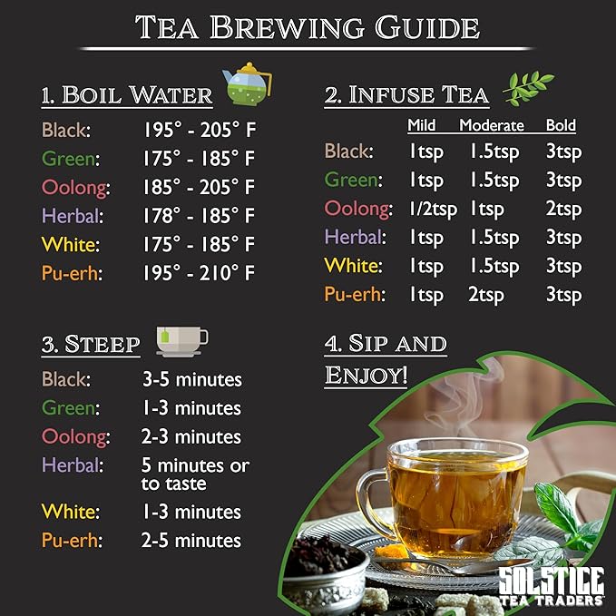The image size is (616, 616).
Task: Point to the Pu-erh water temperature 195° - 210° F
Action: coord(199,273)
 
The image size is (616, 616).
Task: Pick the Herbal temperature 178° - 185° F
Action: coord(199,217)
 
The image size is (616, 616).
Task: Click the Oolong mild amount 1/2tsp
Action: coord(432,210)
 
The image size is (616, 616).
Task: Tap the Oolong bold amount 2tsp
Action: coord(563,210)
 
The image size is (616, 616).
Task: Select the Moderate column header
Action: coord(493,126)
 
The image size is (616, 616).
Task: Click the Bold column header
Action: coord(561,126)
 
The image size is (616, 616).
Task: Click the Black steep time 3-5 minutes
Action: coord(191,379)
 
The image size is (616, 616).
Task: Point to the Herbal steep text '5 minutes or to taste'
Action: coord(195,474)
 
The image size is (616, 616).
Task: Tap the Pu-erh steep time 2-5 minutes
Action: coord(191,542)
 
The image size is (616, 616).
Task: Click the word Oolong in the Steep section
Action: coord(75,437)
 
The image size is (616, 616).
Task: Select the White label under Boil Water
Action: coord(70,245)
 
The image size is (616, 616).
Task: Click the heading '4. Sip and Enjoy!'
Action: coord(386,359)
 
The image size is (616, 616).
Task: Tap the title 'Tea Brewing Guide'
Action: coord(308,27)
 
